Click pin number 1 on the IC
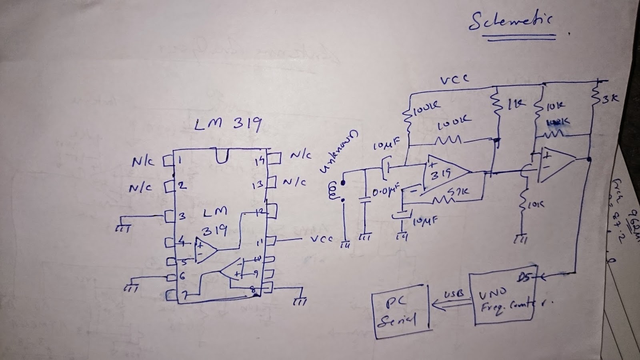tap(179, 161)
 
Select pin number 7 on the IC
tap(184, 296)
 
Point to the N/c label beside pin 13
tap(295, 182)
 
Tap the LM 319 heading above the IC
tap(228, 125)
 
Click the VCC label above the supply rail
tap(454, 80)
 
